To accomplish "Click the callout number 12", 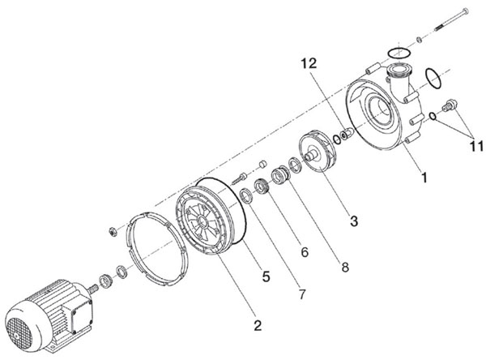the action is tap(309, 63).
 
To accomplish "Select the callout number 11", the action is tap(476, 146).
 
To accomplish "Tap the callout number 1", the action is tap(424, 178).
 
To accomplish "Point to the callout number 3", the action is tap(354, 221).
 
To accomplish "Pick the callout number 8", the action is tap(345, 267).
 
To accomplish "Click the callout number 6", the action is tap(305, 252).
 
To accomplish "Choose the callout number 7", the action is tap(302, 294).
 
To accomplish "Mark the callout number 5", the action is tap(266, 276).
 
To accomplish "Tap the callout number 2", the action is tap(258, 325).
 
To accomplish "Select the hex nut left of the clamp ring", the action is tap(113, 231).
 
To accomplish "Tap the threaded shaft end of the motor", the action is tap(92, 289).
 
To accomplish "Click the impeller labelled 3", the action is tap(318, 151).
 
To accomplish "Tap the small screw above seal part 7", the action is tap(238, 178).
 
